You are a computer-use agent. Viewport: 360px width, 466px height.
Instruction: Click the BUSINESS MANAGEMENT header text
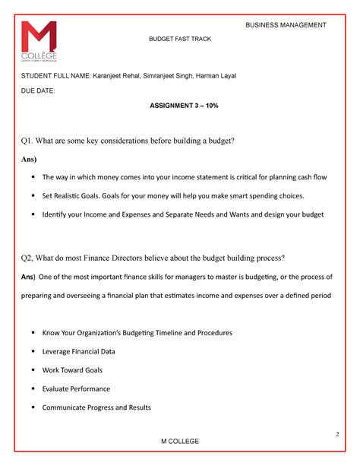tap(286, 25)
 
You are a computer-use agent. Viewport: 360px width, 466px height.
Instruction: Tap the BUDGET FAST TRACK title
tap(179, 39)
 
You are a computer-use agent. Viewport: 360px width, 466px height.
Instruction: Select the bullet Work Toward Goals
tap(72, 370)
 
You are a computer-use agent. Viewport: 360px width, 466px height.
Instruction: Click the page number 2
tap(336, 433)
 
